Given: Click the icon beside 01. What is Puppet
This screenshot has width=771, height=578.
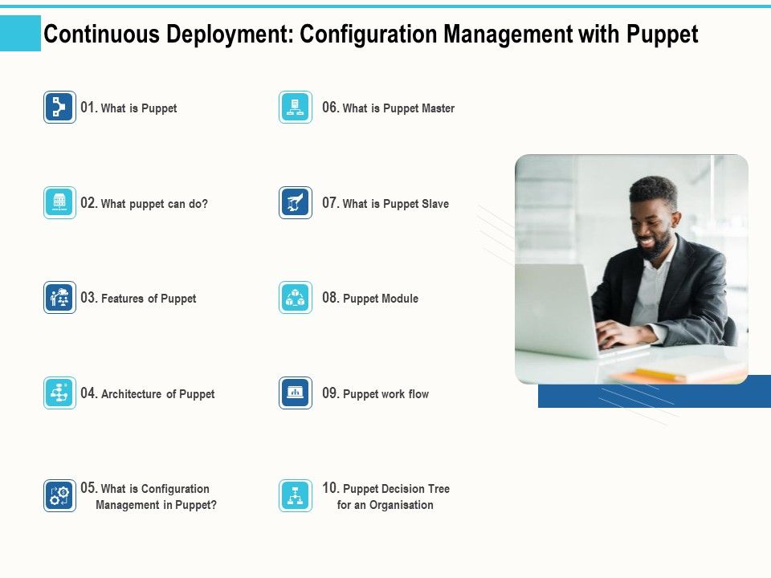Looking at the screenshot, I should tap(59, 108).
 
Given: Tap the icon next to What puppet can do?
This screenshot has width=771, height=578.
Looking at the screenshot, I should tap(59, 203).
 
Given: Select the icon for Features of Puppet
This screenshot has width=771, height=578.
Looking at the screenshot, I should tap(59, 298).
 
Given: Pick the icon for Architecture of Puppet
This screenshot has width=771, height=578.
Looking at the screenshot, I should tap(59, 393).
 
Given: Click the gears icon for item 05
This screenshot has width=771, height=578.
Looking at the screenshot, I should tap(59, 495).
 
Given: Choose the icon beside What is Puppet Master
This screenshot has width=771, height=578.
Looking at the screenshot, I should tap(296, 108).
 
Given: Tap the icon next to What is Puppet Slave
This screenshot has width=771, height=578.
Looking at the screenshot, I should tap(296, 203).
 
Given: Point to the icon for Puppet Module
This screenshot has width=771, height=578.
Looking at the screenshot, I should tap(296, 298).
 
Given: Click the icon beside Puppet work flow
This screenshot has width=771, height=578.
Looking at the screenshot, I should tap(296, 393).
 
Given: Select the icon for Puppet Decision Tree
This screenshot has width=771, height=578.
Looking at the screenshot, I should tap(296, 495).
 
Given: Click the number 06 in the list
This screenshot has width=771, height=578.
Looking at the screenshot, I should tap(330, 108).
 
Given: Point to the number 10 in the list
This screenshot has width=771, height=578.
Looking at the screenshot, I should tap(330, 488).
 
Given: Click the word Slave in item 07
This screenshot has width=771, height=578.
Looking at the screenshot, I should tap(435, 204).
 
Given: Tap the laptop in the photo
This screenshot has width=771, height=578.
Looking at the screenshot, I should tap(559, 309).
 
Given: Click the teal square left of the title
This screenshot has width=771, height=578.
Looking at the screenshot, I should tap(20, 34).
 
